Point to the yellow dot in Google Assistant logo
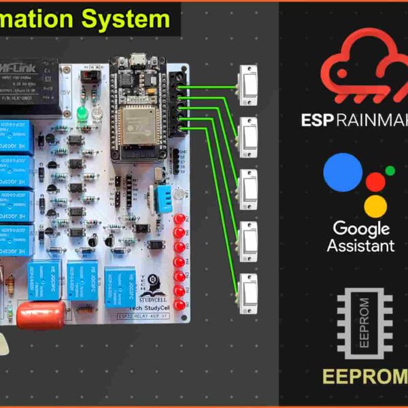click(375, 204)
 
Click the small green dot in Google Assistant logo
click(390, 171)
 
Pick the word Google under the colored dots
click(360, 228)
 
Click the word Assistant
click(360, 245)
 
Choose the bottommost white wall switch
click(248, 288)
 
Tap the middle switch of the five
click(248, 185)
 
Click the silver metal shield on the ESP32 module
click(140, 122)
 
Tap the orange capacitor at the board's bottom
click(41, 314)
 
